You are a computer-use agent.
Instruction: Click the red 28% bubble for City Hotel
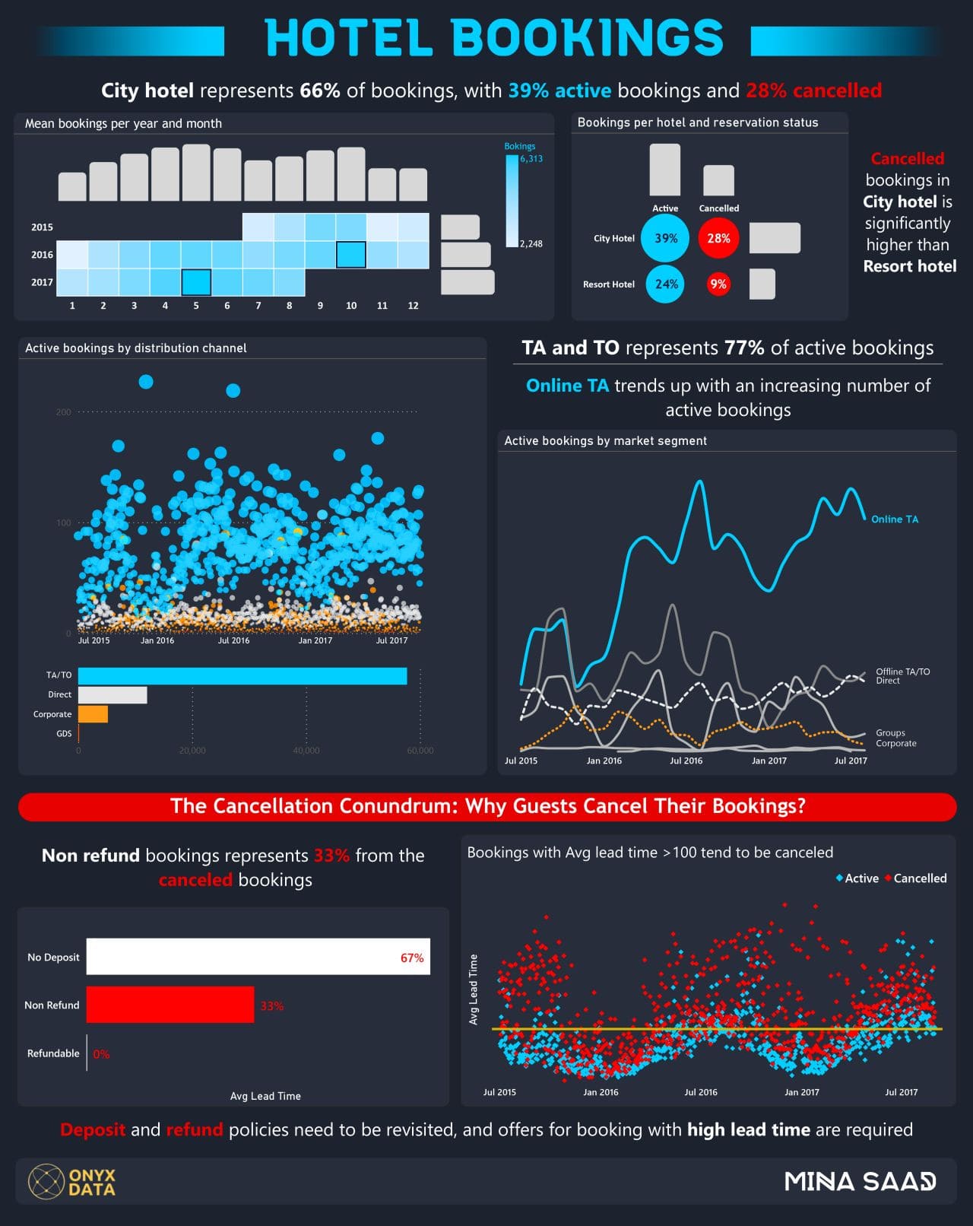click(x=718, y=238)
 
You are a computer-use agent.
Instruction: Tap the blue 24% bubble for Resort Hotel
click(x=666, y=284)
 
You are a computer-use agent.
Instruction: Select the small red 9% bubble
click(x=718, y=284)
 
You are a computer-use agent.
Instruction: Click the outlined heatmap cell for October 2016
click(x=351, y=254)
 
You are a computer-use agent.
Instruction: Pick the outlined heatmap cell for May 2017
click(x=196, y=282)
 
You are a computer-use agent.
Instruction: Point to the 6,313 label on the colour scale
click(x=531, y=159)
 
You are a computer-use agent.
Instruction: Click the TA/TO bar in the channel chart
click(x=242, y=676)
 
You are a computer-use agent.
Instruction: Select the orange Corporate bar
click(x=93, y=714)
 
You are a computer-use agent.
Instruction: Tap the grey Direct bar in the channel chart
click(x=113, y=694)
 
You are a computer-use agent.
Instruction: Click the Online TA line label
click(x=895, y=519)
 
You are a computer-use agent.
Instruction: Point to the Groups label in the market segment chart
click(x=890, y=733)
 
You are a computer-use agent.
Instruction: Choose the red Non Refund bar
click(x=170, y=1005)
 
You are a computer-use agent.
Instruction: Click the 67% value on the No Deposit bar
click(x=412, y=958)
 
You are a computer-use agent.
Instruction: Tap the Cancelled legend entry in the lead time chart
click(x=920, y=878)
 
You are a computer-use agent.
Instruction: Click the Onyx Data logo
click(x=72, y=1181)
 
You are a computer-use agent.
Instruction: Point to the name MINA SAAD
click(x=860, y=1181)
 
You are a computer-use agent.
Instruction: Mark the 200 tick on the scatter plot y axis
click(x=63, y=412)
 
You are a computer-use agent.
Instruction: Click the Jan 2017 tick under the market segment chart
click(x=769, y=761)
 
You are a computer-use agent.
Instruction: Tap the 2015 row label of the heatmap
click(x=42, y=227)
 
